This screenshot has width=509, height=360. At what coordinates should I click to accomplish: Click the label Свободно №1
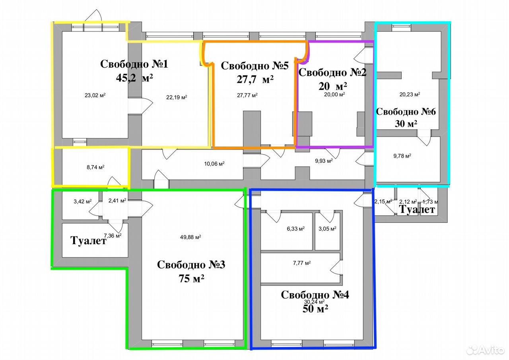pyautogui.click(x=134, y=64)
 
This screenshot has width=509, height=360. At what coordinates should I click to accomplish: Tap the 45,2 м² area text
pyautogui.click(x=134, y=78)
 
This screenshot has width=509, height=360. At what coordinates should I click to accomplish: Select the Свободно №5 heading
pyautogui.click(x=255, y=66)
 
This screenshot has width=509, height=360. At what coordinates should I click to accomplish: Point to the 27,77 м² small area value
pyautogui.click(x=247, y=95)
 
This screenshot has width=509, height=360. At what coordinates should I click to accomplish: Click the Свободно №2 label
pyautogui.click(x=332, y=72)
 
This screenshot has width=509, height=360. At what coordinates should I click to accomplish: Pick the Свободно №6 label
pyautogui.click(x=406, y=112)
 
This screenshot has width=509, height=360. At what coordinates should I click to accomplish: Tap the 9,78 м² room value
pyautogui.click(x=402, y=156)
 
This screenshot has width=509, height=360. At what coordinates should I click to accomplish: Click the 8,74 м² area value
pyautogui.click(x=95, y=167)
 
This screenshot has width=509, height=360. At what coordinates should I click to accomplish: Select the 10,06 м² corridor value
pyautogui.click(x=214, y=163)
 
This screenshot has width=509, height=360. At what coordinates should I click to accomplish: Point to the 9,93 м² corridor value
pyautogui.click(x=324, y=161)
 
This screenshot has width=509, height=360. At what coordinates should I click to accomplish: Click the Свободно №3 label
pyautogui.click(x=191, y=265)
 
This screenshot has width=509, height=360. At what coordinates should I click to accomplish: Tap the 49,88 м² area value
pyautogui.click(x=190, y=237)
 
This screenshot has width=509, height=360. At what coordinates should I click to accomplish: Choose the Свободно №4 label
pyautogui.click(x=315, y=295)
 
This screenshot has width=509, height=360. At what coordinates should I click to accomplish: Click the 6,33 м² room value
pyautogui.click(x=295, y=229)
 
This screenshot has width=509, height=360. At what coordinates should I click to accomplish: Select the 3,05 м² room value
pyautogui.click(x=327, y=229)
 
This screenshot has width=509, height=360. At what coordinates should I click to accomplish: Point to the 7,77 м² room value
pyautogui.click(x=302, y=263)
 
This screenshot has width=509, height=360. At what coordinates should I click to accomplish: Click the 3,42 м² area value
pyautogui.click(x=83, y=201)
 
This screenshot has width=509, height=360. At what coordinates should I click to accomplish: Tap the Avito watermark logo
pyautogui.click(x=486, y=350)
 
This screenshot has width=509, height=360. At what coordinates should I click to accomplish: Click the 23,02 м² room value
pyautogui.click(x=95, y=95)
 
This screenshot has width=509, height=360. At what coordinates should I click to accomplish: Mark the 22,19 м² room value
pyautogui.click(x=177, y=97)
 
